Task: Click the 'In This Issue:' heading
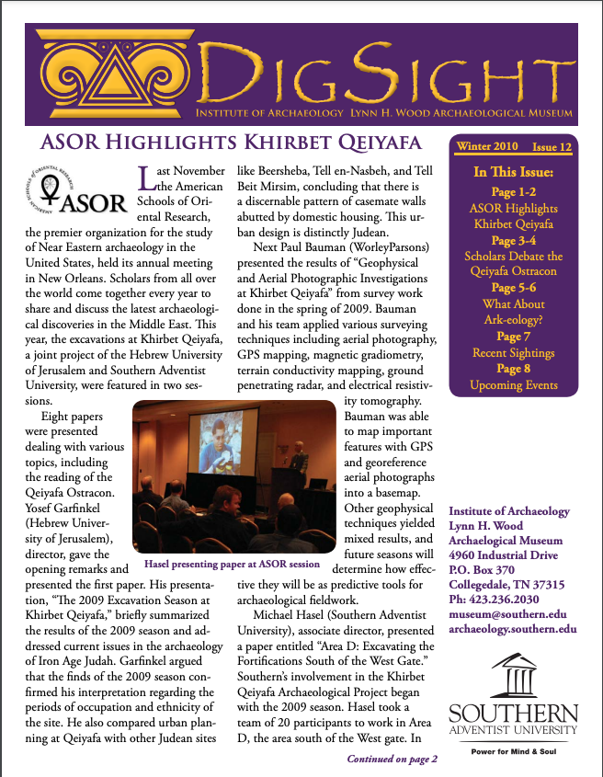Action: click(x=514, y=172)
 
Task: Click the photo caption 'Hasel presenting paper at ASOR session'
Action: click(x=232, y=563)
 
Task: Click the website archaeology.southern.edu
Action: click(x=513, y=630)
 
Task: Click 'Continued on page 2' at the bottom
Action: click(x=392, y=759)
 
